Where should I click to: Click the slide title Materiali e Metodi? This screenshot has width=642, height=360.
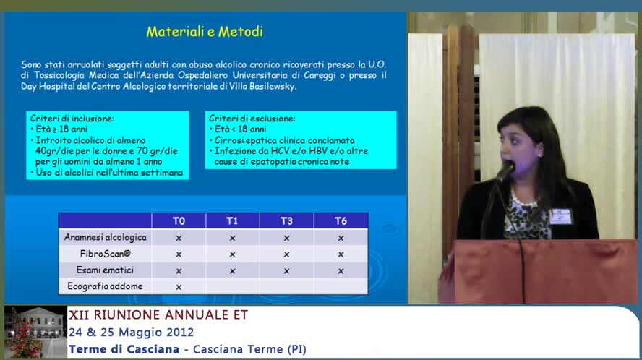[205, 32]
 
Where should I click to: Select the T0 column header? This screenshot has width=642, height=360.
[179, 220]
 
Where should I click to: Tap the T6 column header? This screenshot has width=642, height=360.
[341, 220]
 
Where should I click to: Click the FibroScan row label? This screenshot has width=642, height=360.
[106, 254]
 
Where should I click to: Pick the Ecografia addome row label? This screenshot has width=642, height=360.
[105, 286]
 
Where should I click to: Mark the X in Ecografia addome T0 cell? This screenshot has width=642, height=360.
[179, 287]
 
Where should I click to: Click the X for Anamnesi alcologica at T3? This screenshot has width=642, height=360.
[286, 238]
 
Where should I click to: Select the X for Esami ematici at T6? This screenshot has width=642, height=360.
[341, 270]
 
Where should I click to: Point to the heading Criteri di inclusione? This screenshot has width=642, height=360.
[72, 119]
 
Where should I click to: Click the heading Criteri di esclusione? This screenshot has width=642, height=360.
[252, 119]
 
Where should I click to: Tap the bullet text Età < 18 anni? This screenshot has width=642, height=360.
[240, 129]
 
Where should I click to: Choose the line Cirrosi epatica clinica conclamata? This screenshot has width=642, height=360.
[285, 140]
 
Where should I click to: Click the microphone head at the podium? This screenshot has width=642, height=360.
[507, 169]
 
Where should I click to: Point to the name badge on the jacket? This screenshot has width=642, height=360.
[560, 216]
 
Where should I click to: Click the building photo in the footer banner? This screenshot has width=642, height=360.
[35, 331]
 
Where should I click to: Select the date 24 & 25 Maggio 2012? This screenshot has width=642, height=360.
[131, 332]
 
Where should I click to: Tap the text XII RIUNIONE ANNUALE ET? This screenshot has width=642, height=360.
[158, 314]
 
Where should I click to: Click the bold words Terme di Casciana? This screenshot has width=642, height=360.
[124, 349]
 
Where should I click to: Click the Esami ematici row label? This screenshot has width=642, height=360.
[105, 270]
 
